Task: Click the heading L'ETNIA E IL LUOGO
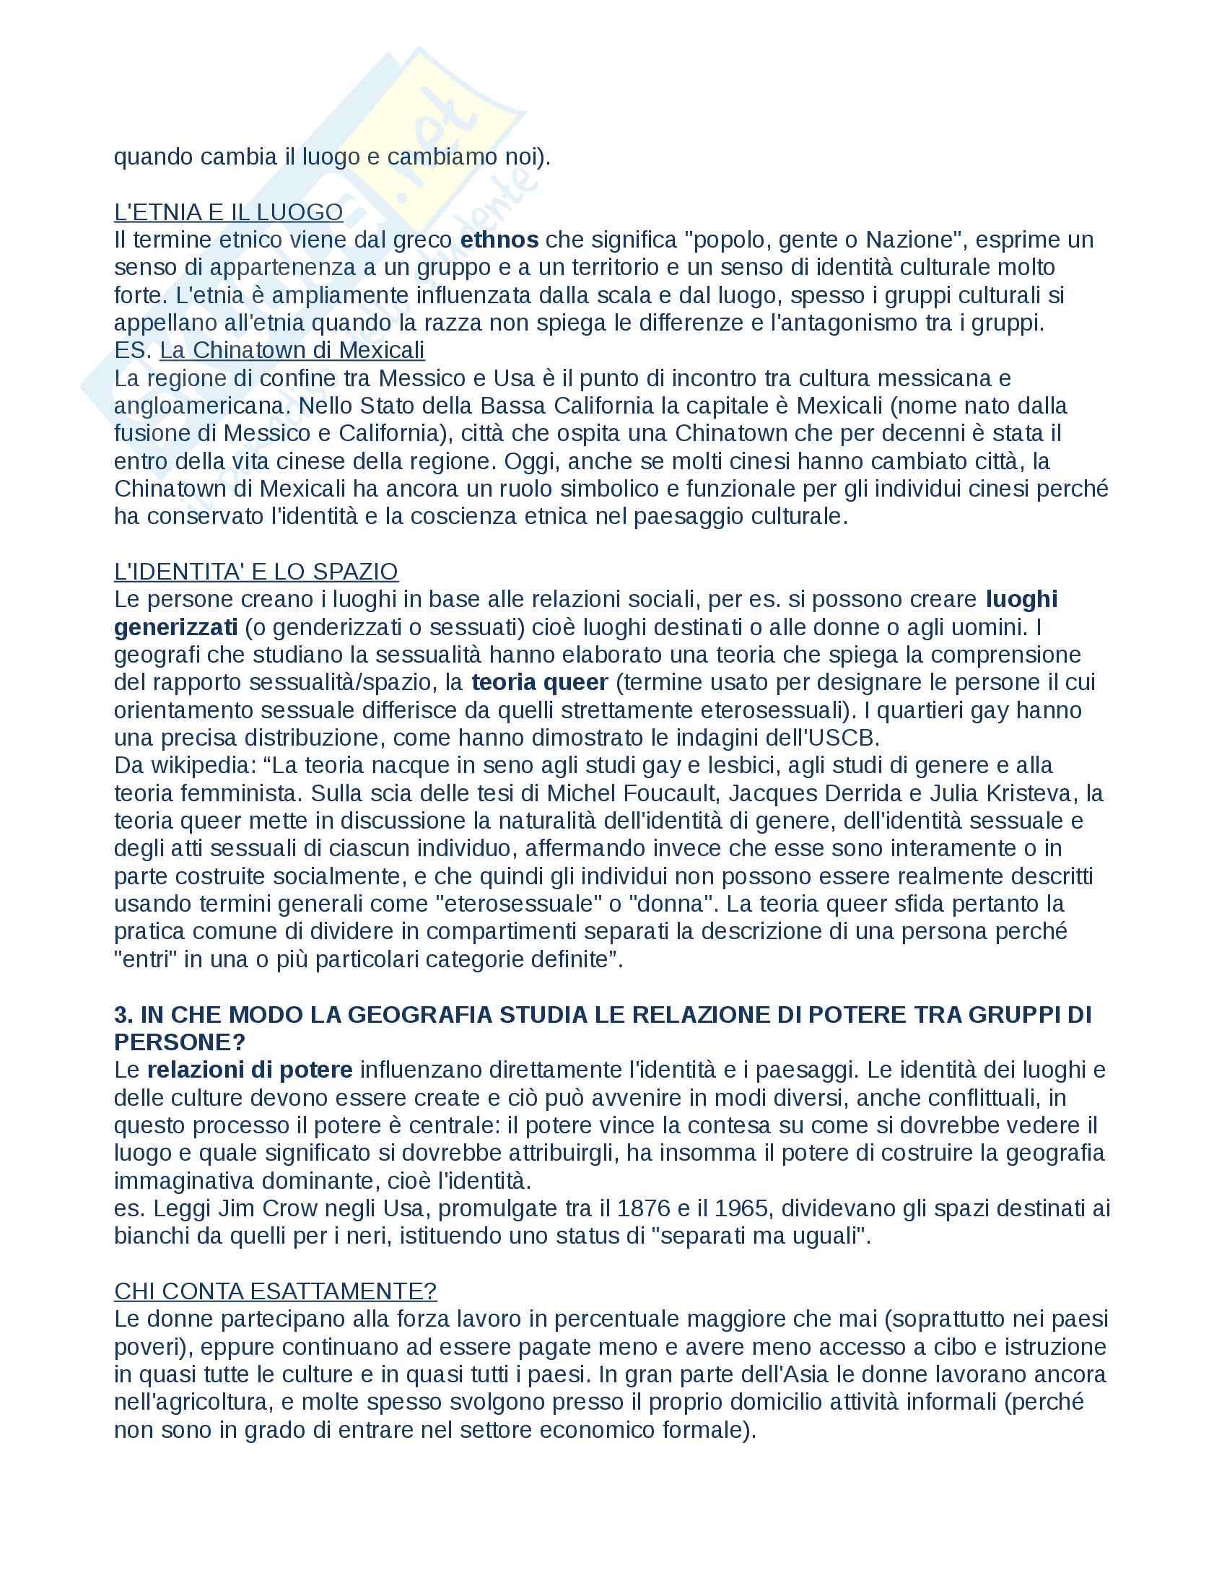click(228, 212)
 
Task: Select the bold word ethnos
click(499, 240)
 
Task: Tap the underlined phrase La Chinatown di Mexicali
click(292, 351)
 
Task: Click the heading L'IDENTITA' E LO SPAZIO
click(256, 572)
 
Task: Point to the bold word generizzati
click(175, 627)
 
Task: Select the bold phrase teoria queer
click(539, 683)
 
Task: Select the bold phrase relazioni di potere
click(249, 1070)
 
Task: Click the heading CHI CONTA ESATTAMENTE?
click(276, 1291)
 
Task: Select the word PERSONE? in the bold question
click(180, 1043)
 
